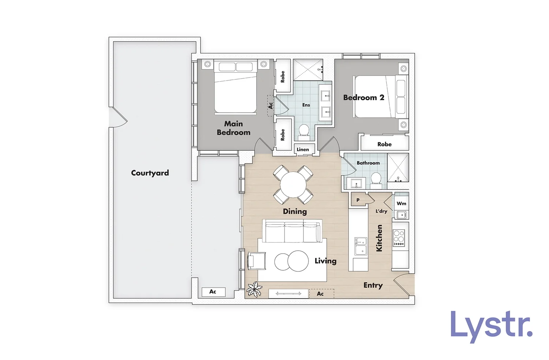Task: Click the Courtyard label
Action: tap(150, 173)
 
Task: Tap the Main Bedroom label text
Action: tap(234, 128)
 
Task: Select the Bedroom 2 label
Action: tap(363, 98)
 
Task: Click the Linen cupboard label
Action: tap(303, 149)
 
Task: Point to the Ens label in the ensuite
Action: tap(306, 105)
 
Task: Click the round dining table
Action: tap(293, 185)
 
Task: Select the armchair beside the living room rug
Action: tap(256, 260)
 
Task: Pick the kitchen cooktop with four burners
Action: tap(399, 237)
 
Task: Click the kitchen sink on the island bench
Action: tap(361, 246)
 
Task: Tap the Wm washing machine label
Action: tap(402, 203)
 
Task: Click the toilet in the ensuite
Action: tap(304, 131)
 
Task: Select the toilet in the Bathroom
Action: tap(376, 180)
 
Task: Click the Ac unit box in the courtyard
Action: tap(213, 292)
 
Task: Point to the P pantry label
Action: tap(358, 200)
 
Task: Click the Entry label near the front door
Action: tap(373, 285)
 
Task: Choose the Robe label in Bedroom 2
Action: tap(384, 144)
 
